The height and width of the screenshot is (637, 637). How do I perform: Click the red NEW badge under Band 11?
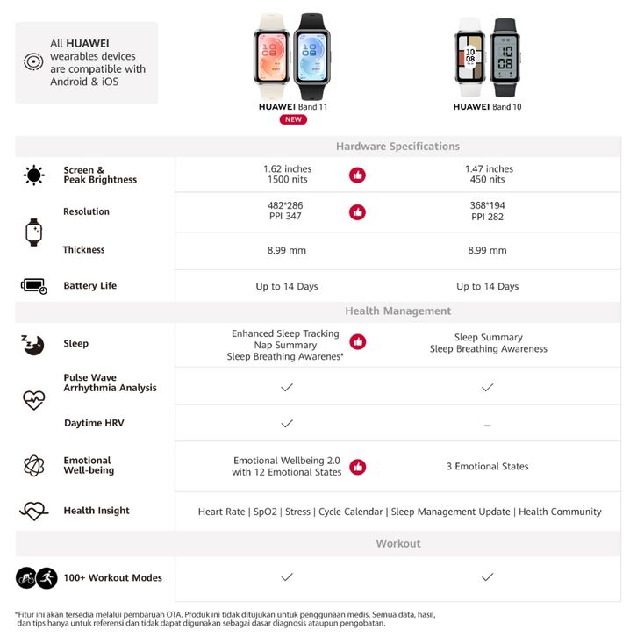point(293,119)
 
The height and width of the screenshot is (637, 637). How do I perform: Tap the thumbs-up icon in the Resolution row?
point(357,212)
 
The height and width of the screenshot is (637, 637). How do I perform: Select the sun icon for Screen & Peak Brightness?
point(34,175)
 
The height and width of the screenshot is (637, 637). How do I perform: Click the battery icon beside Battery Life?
point(34,286)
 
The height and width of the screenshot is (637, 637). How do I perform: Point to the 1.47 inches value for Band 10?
point(489,168)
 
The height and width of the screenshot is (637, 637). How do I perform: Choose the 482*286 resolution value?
point(287,205)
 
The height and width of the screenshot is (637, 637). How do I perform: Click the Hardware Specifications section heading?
point(397,147)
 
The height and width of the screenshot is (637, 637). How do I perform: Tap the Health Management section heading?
point(397,311)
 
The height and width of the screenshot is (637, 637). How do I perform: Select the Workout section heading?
point(397,543)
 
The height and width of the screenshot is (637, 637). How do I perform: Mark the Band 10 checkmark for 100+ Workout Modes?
point(488,577)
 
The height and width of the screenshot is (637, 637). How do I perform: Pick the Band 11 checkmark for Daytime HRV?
point(287,423)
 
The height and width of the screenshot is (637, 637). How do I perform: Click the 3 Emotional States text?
point(488,467)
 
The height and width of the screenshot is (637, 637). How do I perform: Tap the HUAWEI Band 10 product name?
point(488,107)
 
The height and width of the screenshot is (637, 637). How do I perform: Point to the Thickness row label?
point(83,250)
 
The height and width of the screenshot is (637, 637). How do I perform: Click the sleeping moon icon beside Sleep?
point(33,344)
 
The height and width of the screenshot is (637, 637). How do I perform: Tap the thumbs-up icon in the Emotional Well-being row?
point(357,467)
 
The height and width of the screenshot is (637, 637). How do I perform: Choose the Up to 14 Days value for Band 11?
point(287,287)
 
